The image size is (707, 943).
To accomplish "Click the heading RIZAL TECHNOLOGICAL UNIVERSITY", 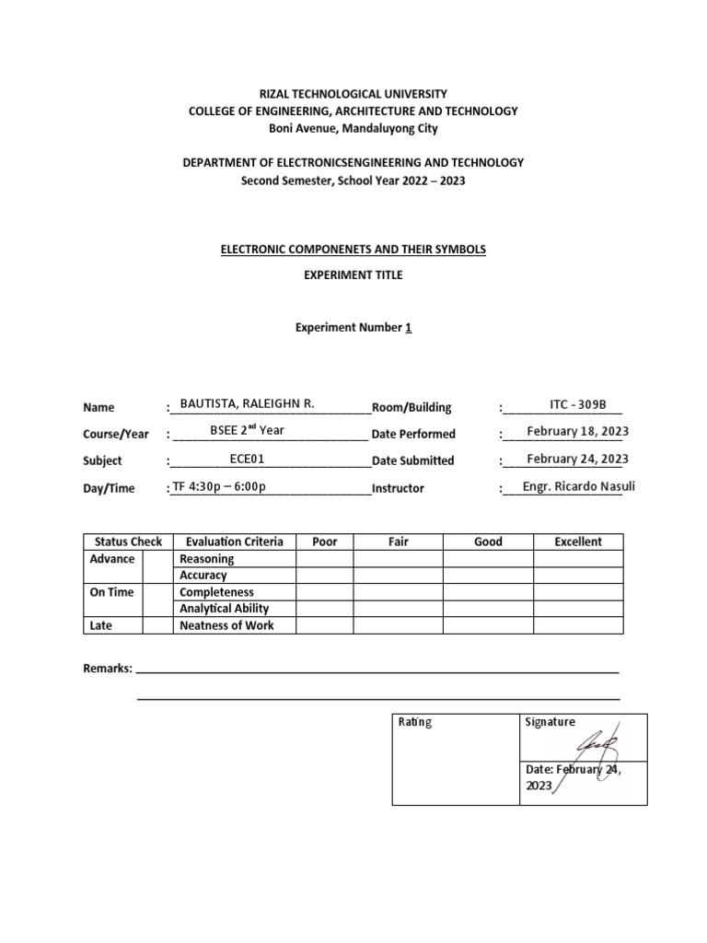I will click(353, 94).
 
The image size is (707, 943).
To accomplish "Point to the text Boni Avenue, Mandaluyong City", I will click(353, 128).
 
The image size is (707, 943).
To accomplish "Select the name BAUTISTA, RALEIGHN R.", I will click(248, 403).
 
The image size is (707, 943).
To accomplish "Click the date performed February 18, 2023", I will click(577, 431).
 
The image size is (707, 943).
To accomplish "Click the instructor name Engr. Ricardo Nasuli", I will click(578, 486).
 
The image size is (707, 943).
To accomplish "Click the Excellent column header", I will click(577, 541).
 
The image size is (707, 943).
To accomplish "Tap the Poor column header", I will click(325, 541).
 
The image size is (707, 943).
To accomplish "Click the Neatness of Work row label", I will click(226, 625).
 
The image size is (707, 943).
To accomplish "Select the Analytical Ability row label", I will click(225, 609).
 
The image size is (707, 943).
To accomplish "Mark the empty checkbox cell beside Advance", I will click(162, 559).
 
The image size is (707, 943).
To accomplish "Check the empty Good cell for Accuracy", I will click(488, 576).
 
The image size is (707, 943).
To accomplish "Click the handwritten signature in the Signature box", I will click(597, 742).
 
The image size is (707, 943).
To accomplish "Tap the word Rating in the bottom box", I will click(414, 722).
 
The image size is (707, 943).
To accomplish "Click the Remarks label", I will click(108, 668).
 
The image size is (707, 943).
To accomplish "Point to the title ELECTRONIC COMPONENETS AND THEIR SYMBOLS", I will click(353, 250).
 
